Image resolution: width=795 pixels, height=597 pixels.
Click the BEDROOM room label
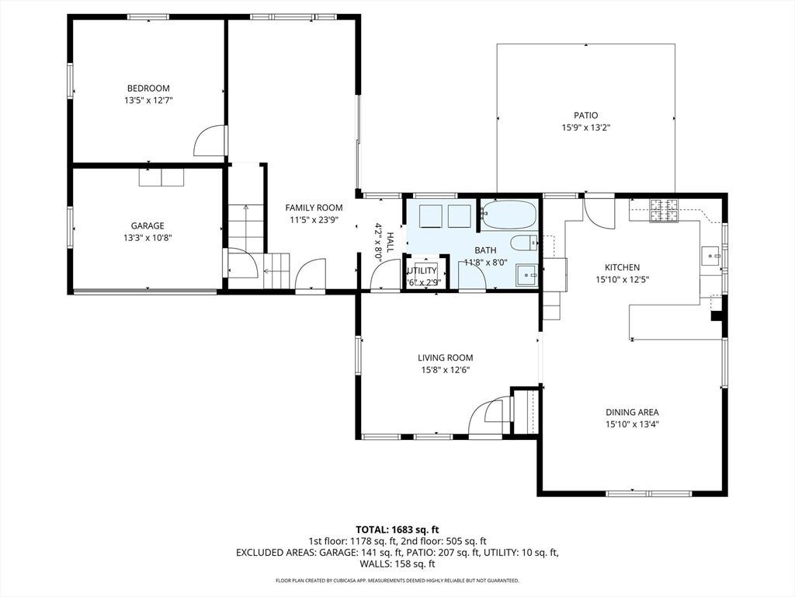[x=148, y=89]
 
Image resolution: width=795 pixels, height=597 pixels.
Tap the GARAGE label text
[x=148, y=226]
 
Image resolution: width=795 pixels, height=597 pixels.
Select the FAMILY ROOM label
[x=314, y=208]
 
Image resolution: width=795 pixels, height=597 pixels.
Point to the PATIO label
[x=585, y=116]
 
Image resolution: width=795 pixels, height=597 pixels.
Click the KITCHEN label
[x=622, y=267]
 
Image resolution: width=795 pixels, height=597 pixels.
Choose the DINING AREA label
[x=632, y=413]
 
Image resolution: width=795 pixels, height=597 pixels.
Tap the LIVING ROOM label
[x=445, y=358]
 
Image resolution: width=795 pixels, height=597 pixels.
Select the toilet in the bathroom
[x=524, y=243]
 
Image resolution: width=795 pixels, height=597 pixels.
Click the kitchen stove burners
[x=665, y=210]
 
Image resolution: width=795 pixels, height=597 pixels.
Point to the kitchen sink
[x=711, y=255]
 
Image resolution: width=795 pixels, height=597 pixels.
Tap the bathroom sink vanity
[x=527, y=276]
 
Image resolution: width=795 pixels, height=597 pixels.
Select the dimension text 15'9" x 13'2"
[x=585, y=128]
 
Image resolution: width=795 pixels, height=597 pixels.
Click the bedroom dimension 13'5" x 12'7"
[x=148, y=100]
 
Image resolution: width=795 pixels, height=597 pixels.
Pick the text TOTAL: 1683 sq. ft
[x=397, y=530]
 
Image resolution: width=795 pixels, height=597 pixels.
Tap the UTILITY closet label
[x=422, y=271]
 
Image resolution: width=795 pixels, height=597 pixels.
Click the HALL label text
[x=390, y=242]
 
